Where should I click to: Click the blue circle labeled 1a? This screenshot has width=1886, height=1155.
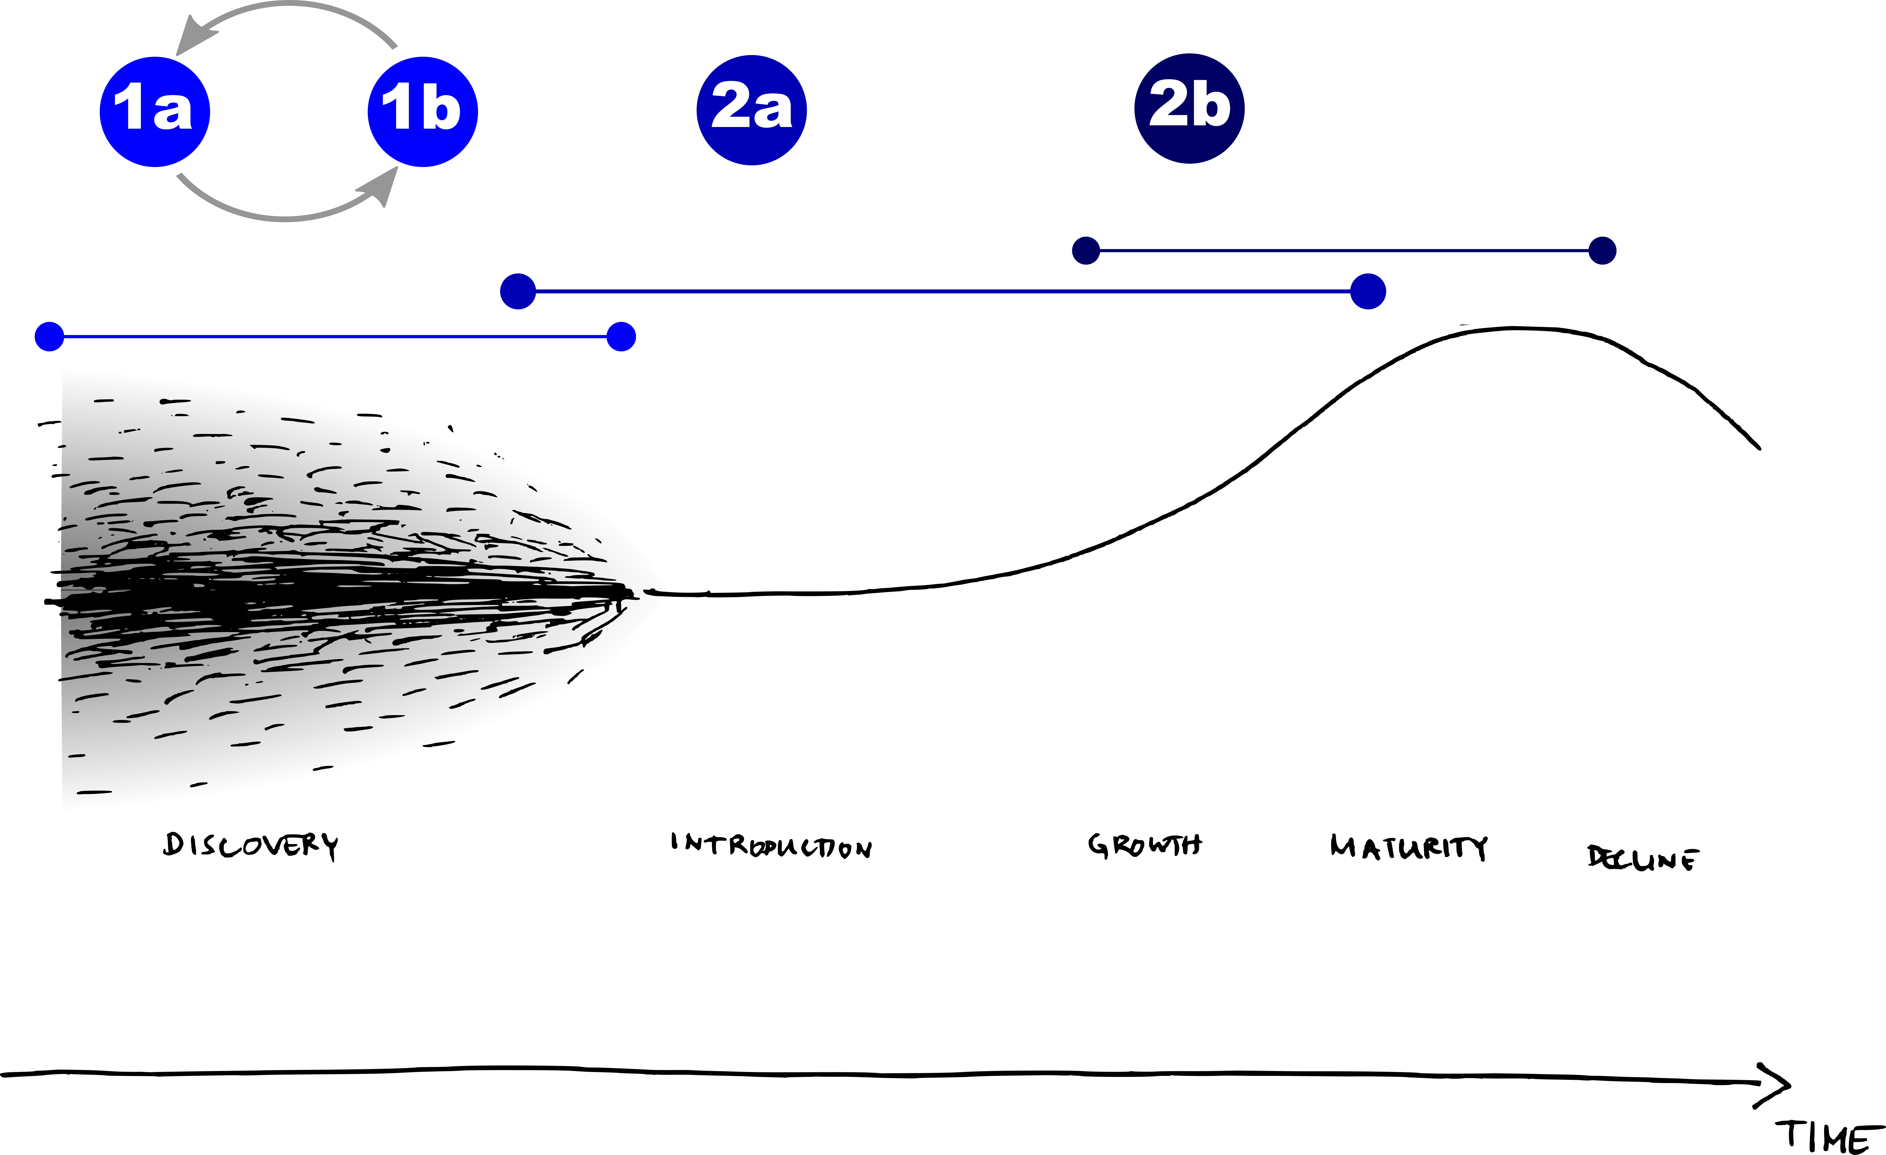tap(155, 112)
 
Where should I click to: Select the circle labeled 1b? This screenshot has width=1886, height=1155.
tap(423, 112)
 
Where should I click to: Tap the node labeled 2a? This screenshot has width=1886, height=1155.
tap(752, 110)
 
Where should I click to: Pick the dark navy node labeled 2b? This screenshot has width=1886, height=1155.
tap(1189, 109)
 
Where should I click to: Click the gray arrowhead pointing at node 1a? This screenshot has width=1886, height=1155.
tap(193, 38)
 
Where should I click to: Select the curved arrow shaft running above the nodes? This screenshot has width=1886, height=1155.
tap(291, 6)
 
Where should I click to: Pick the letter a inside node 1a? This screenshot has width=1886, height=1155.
tap(173, 112)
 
